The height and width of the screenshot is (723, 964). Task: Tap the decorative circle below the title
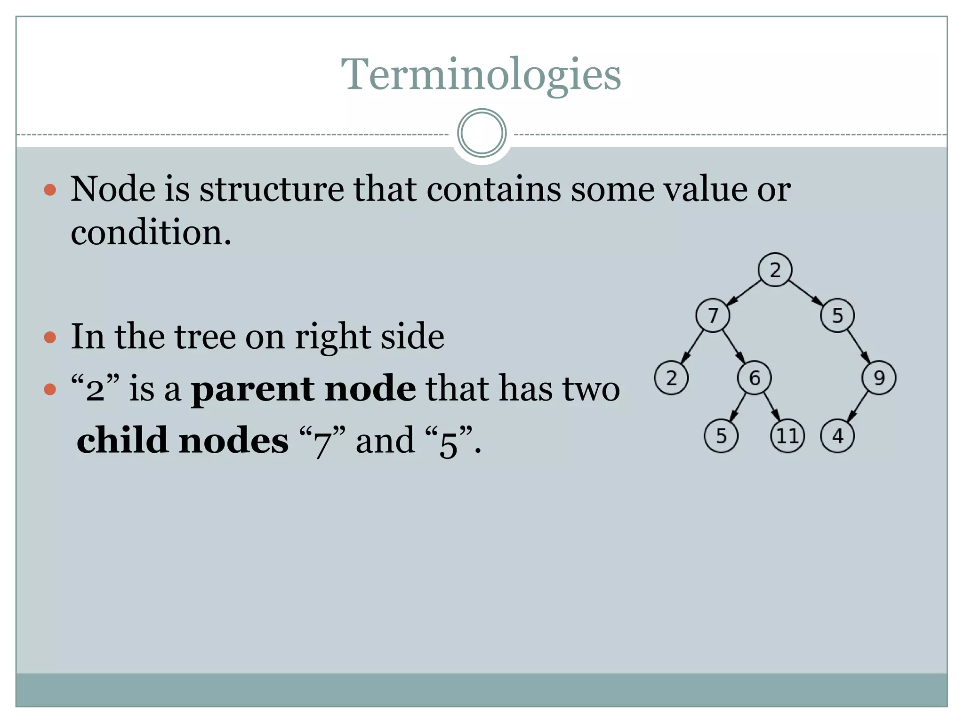(482, 133)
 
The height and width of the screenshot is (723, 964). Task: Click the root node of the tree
(775, 270)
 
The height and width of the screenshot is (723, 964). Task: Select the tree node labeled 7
(713, 315)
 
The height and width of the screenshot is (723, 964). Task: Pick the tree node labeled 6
(754, 378)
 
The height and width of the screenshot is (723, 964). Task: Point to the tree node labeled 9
(879, 378)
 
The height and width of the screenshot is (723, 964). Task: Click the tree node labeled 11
(787, 436)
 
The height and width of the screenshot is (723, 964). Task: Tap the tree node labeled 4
(837, 436)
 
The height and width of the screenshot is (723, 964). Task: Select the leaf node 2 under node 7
(671, 378)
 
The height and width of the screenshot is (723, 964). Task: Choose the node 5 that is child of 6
(721, 436)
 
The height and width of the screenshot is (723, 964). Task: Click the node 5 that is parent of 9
(837, 315)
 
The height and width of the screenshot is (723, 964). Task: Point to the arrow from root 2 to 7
(744, 292)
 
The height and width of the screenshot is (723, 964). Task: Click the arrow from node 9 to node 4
(858, 407)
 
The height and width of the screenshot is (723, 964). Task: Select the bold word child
(122, 441)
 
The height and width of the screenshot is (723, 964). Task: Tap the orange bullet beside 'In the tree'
(50, 337)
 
